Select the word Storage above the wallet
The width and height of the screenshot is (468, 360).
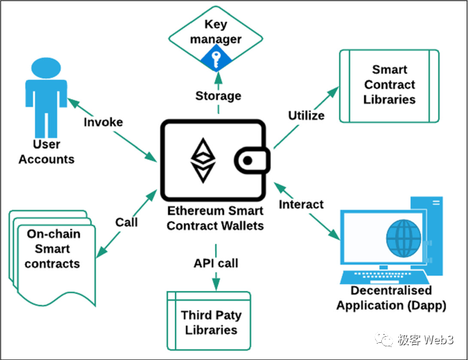pos(218,95)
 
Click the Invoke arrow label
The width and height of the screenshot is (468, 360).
pos(102,122)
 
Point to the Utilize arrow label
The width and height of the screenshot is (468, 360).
pos(306,115)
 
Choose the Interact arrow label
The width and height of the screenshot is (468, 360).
pos(302,204)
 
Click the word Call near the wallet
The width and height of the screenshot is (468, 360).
pos(126,222)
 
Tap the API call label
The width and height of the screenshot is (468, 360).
pos(215,263)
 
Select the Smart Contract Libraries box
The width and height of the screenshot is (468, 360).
pos(389,85)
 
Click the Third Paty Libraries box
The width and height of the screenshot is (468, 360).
pos(210,322)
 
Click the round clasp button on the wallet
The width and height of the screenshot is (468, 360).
pos(247,161)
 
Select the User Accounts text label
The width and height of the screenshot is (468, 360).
pos(46,152)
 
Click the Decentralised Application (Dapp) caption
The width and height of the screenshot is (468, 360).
pos(391,299)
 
